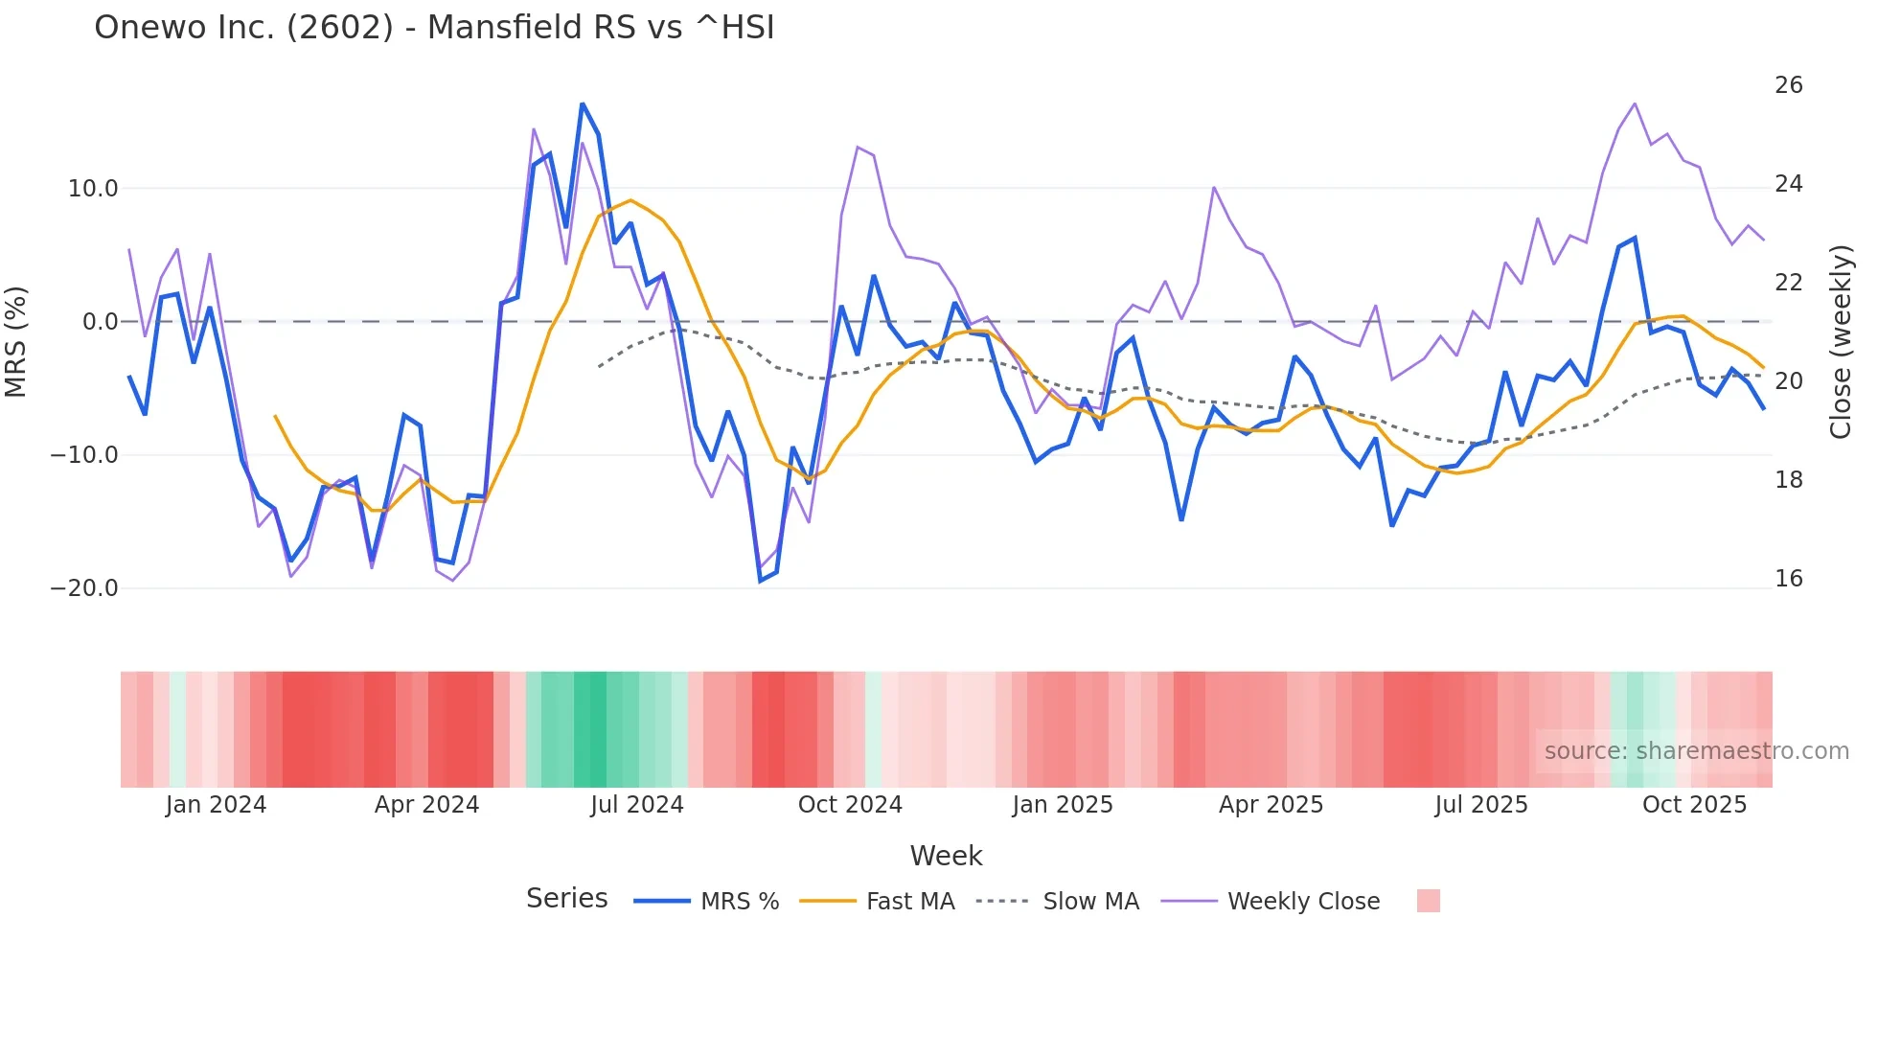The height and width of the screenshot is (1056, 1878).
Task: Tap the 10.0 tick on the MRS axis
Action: pos(93,189)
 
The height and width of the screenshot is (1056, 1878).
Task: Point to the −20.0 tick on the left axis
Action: pos(84,588)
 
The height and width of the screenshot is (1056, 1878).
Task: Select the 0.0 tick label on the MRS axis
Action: pos(100,322)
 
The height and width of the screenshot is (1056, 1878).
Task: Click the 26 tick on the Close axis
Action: pos(1788,85)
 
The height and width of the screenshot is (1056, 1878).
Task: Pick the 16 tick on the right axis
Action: pos(1788,579)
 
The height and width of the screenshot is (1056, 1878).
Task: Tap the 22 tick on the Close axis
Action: pos(1788,283)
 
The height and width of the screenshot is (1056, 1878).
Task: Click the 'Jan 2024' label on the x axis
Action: pos(216,805)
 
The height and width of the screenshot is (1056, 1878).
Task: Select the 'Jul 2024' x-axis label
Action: pos(636,805)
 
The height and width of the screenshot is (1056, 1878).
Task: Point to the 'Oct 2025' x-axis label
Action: pos(1694,805)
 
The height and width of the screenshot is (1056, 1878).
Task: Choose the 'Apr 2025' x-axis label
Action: pos(1271,805)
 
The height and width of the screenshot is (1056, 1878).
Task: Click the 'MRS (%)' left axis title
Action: pos(16,341)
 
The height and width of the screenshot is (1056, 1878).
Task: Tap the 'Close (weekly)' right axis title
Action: pos(1841,341)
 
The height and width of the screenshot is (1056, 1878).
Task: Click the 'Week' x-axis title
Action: pos(946,856)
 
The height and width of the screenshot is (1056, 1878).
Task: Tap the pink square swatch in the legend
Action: pos(1428,901)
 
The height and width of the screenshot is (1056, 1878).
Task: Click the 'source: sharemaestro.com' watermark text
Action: pos(1696,751)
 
